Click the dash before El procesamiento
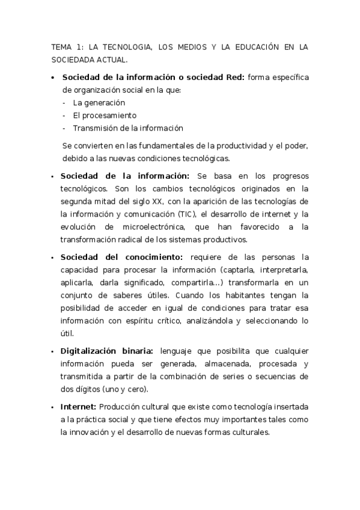(64, 115)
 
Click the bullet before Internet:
(53, 407)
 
